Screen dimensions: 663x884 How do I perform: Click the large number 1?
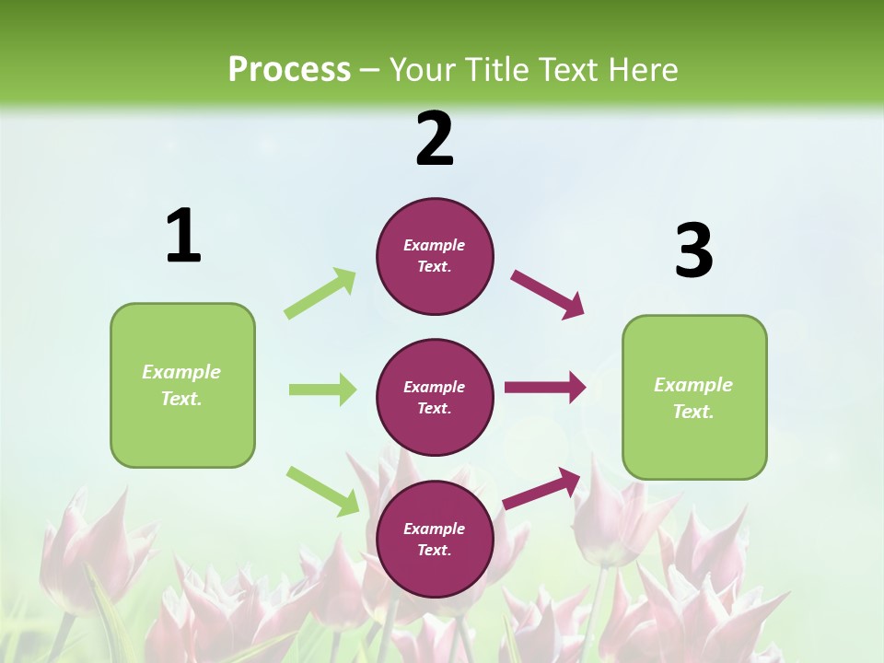[x=183, y=237]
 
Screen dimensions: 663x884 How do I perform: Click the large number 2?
[x=435, y=139]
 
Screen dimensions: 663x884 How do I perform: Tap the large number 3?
[x=693, y=250]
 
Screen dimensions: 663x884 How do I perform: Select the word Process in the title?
[x=289, y=69]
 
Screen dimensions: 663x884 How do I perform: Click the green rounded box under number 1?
[x=182, y=385]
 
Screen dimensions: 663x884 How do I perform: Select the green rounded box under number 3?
[x=694, y=397]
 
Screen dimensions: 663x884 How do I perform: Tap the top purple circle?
[x=435, y=256]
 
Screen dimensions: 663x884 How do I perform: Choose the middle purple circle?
[x=435, y=397]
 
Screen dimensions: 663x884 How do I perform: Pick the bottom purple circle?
[x=435, y=539]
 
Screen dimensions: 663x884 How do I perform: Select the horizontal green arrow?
[x=322, y=390]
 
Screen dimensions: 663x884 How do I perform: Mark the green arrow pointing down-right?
[x=323, y=490]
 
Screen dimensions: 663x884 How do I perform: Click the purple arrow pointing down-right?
[x=548, y=294]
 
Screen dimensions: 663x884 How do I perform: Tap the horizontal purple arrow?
[x=545, y=388]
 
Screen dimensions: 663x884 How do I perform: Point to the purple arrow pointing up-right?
[x=541, y=488]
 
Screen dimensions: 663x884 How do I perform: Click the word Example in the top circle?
[x=435, y=245]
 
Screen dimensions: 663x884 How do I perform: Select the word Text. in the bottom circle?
[x=435, y=550]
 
